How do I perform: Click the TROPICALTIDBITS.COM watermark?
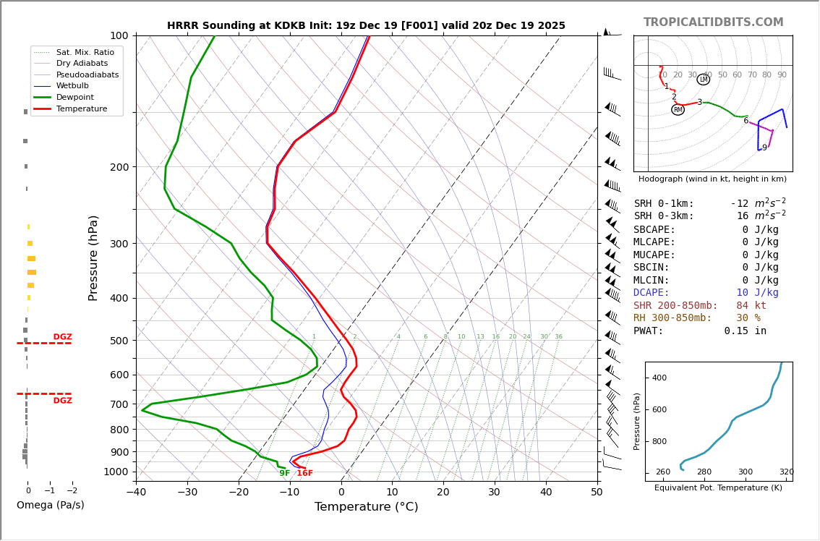(x=713, y=22)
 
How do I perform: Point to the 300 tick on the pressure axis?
(x=119, y=244)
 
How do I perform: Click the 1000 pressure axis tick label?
(x=116, y=472)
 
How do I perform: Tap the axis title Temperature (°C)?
(x=366, y=507)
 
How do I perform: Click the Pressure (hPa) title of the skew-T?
(x=93, y=257)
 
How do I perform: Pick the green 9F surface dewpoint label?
(x=285, y=474)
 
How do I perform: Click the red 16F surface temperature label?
(x=304, y=474)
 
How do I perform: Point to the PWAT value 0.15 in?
(x=745, y=331)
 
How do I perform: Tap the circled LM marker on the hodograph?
(x=703, y=80)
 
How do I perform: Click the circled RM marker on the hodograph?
(x=678, y=110)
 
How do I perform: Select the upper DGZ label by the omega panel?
(x=62, y=337)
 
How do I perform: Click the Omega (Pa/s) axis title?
(x=50, y=505)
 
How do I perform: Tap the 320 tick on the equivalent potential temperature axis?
(x=786, y=472)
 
